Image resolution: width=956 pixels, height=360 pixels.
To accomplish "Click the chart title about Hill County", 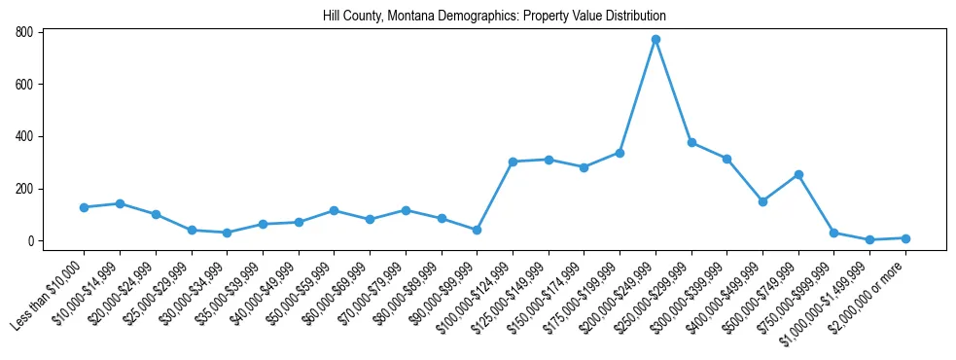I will coord(494,17).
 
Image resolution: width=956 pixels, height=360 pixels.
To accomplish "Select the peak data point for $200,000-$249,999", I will coord(655,39).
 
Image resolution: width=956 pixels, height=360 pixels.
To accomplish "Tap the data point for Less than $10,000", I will coord(85,207).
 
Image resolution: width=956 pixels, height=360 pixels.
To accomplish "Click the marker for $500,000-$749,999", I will coord(798,174).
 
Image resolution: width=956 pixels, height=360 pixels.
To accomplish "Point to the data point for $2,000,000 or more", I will coord(905,238).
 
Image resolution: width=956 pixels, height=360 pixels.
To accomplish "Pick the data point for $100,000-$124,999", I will coord(513,162).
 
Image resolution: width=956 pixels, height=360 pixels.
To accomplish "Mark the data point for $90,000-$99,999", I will coord(477,231).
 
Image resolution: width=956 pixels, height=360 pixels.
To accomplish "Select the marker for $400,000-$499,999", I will coord(762,201).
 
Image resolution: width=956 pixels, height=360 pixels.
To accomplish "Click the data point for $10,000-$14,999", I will coord(120,203).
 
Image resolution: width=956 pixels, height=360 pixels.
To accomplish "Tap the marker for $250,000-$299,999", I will coord(691,142).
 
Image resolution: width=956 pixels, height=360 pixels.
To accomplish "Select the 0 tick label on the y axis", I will coord(32,241).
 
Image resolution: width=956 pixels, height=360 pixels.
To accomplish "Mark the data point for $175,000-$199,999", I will coord(620,153).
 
